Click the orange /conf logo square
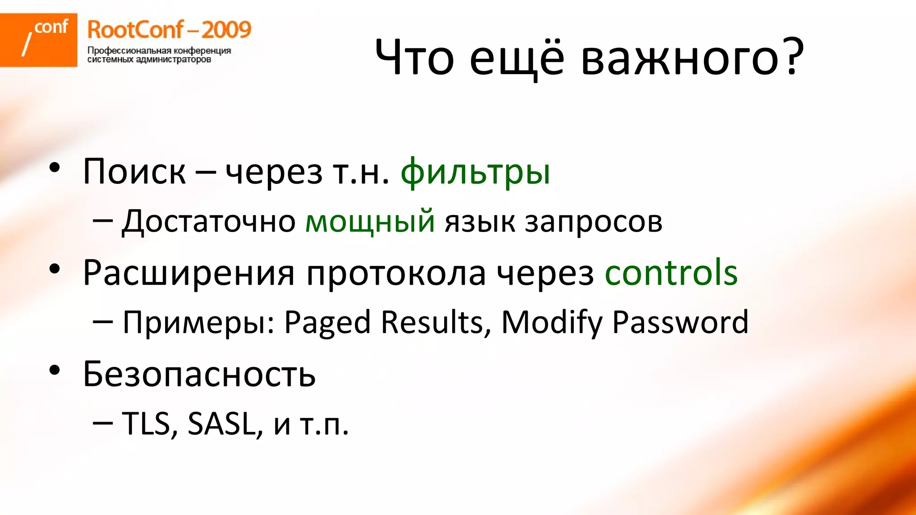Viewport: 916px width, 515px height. click(x=38, y=40)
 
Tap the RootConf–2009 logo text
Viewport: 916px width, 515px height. click(x=169, y=30)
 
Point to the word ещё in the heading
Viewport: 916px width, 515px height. click(x=517, y=58)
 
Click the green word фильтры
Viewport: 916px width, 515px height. click(x=475, y=172)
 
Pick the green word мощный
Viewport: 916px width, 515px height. click(x=369, y=221)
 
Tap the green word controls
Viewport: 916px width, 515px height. click(x=671, y=272)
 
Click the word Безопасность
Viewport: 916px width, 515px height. click(x=199, y=374)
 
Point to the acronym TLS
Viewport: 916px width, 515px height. click(x=146, y=423)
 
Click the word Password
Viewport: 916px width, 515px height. click(x=680, y=322)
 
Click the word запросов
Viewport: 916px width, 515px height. click(x=593, y=222)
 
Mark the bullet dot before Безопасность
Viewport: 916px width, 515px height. click(x=55, y=370)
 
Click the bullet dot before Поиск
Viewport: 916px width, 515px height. click(x=55, y=168)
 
